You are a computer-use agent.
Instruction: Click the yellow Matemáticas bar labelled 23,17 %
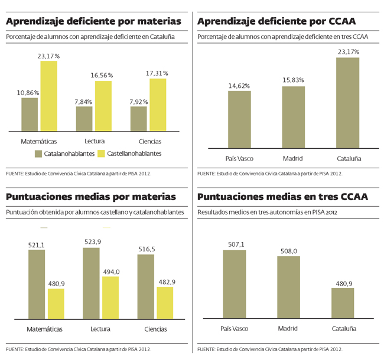click(48, 96)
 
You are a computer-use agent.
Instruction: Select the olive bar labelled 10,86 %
click(30, 114)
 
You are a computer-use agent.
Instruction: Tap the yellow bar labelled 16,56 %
click(103, 106)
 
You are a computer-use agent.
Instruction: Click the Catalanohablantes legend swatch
click(38, 153)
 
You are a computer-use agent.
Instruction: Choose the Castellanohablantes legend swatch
click(100, 153)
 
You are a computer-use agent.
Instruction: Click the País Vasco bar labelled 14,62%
click(239, 119)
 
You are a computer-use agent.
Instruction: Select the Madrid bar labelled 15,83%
click(293, 117)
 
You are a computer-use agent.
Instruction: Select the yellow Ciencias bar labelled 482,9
click(165, 303)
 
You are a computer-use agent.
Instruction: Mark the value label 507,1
click(234, 245)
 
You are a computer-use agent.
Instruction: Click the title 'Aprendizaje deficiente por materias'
click(93, 21)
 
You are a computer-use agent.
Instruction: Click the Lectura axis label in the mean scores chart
click(101, 329)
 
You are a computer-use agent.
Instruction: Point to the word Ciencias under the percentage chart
click(149, 142)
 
